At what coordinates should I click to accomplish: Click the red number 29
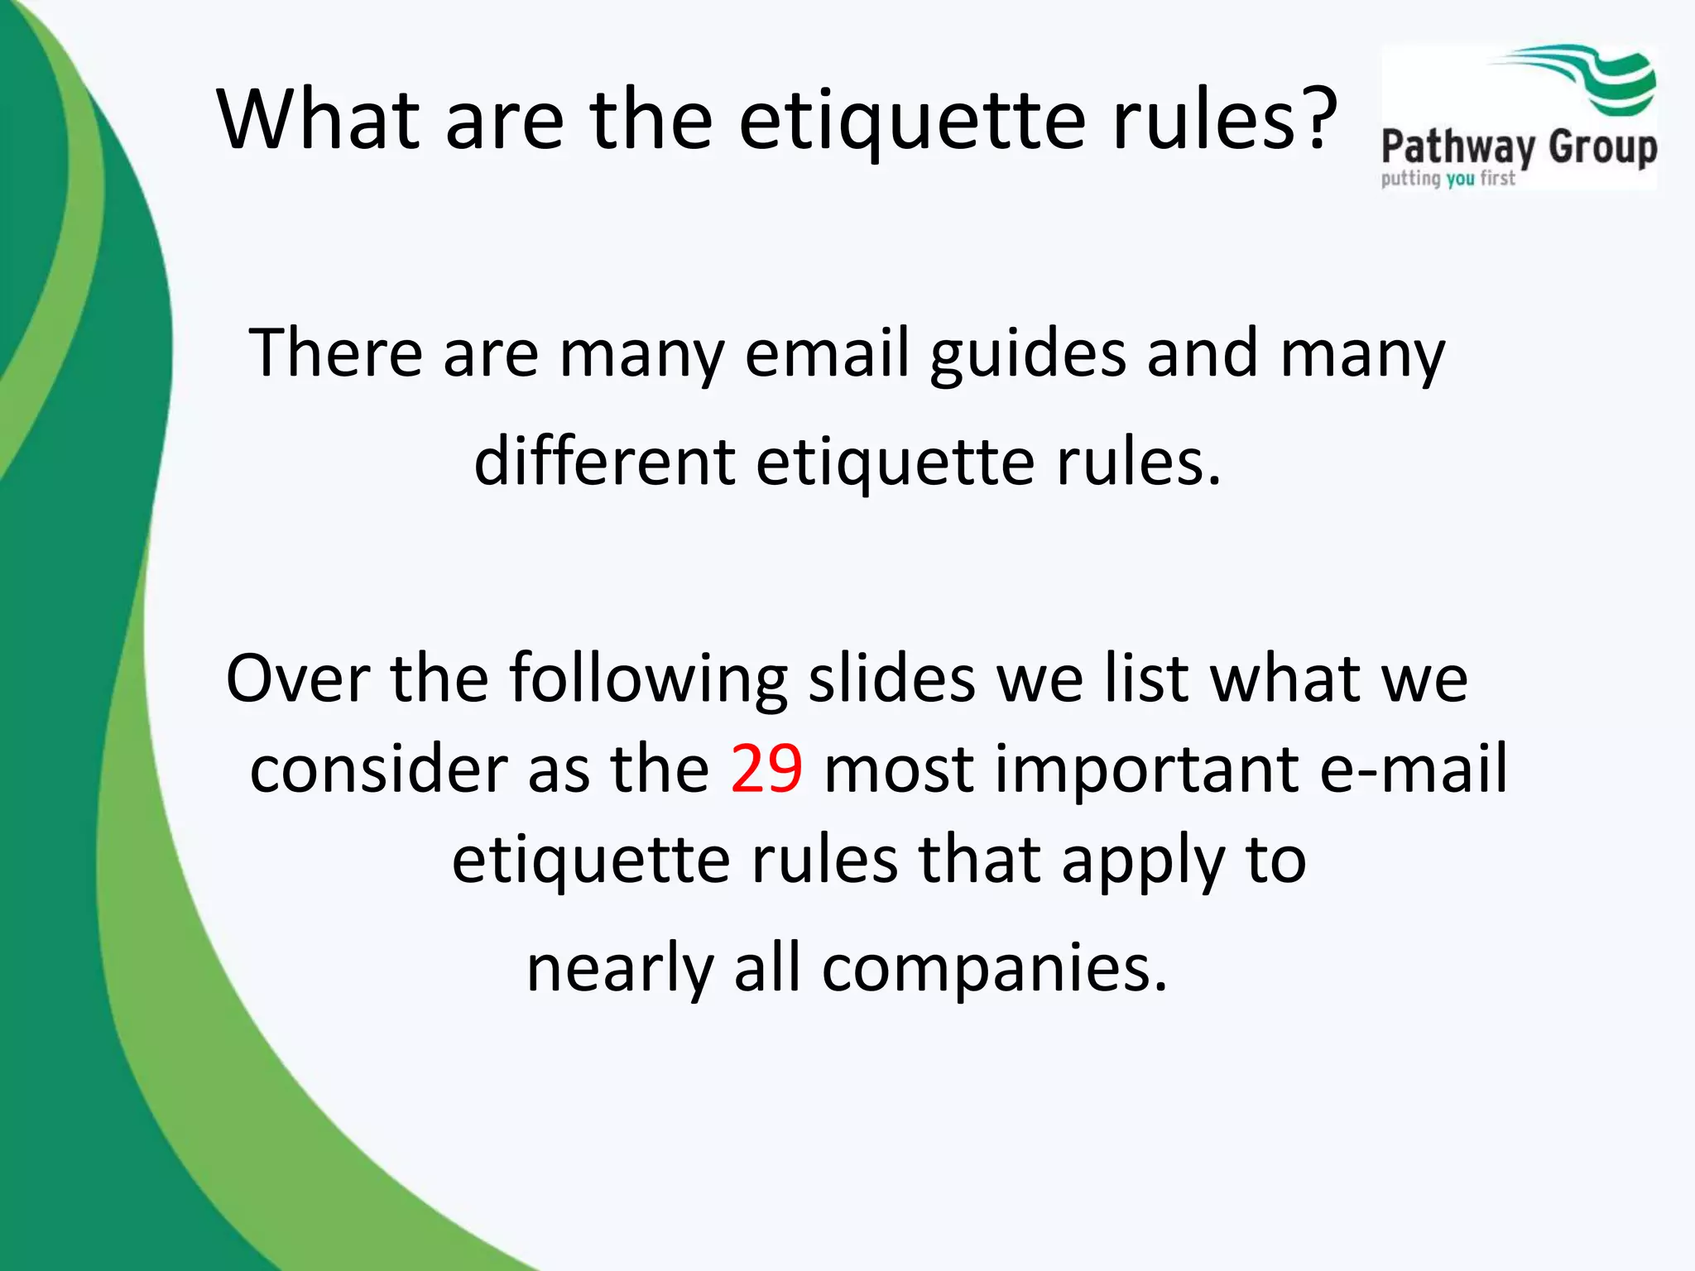(x=766, y=769)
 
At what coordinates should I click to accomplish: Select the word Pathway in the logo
(x=1457, y=149)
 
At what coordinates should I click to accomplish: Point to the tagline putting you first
(x=1448, y=179)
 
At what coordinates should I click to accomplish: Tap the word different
(x=604, y=461)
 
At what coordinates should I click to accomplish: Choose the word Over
(x=297, y=679)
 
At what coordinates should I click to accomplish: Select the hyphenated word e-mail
(x=1413, y=769)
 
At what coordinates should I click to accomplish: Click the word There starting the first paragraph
(x=335, y=353)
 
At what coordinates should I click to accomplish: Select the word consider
(x=378, y=769)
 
